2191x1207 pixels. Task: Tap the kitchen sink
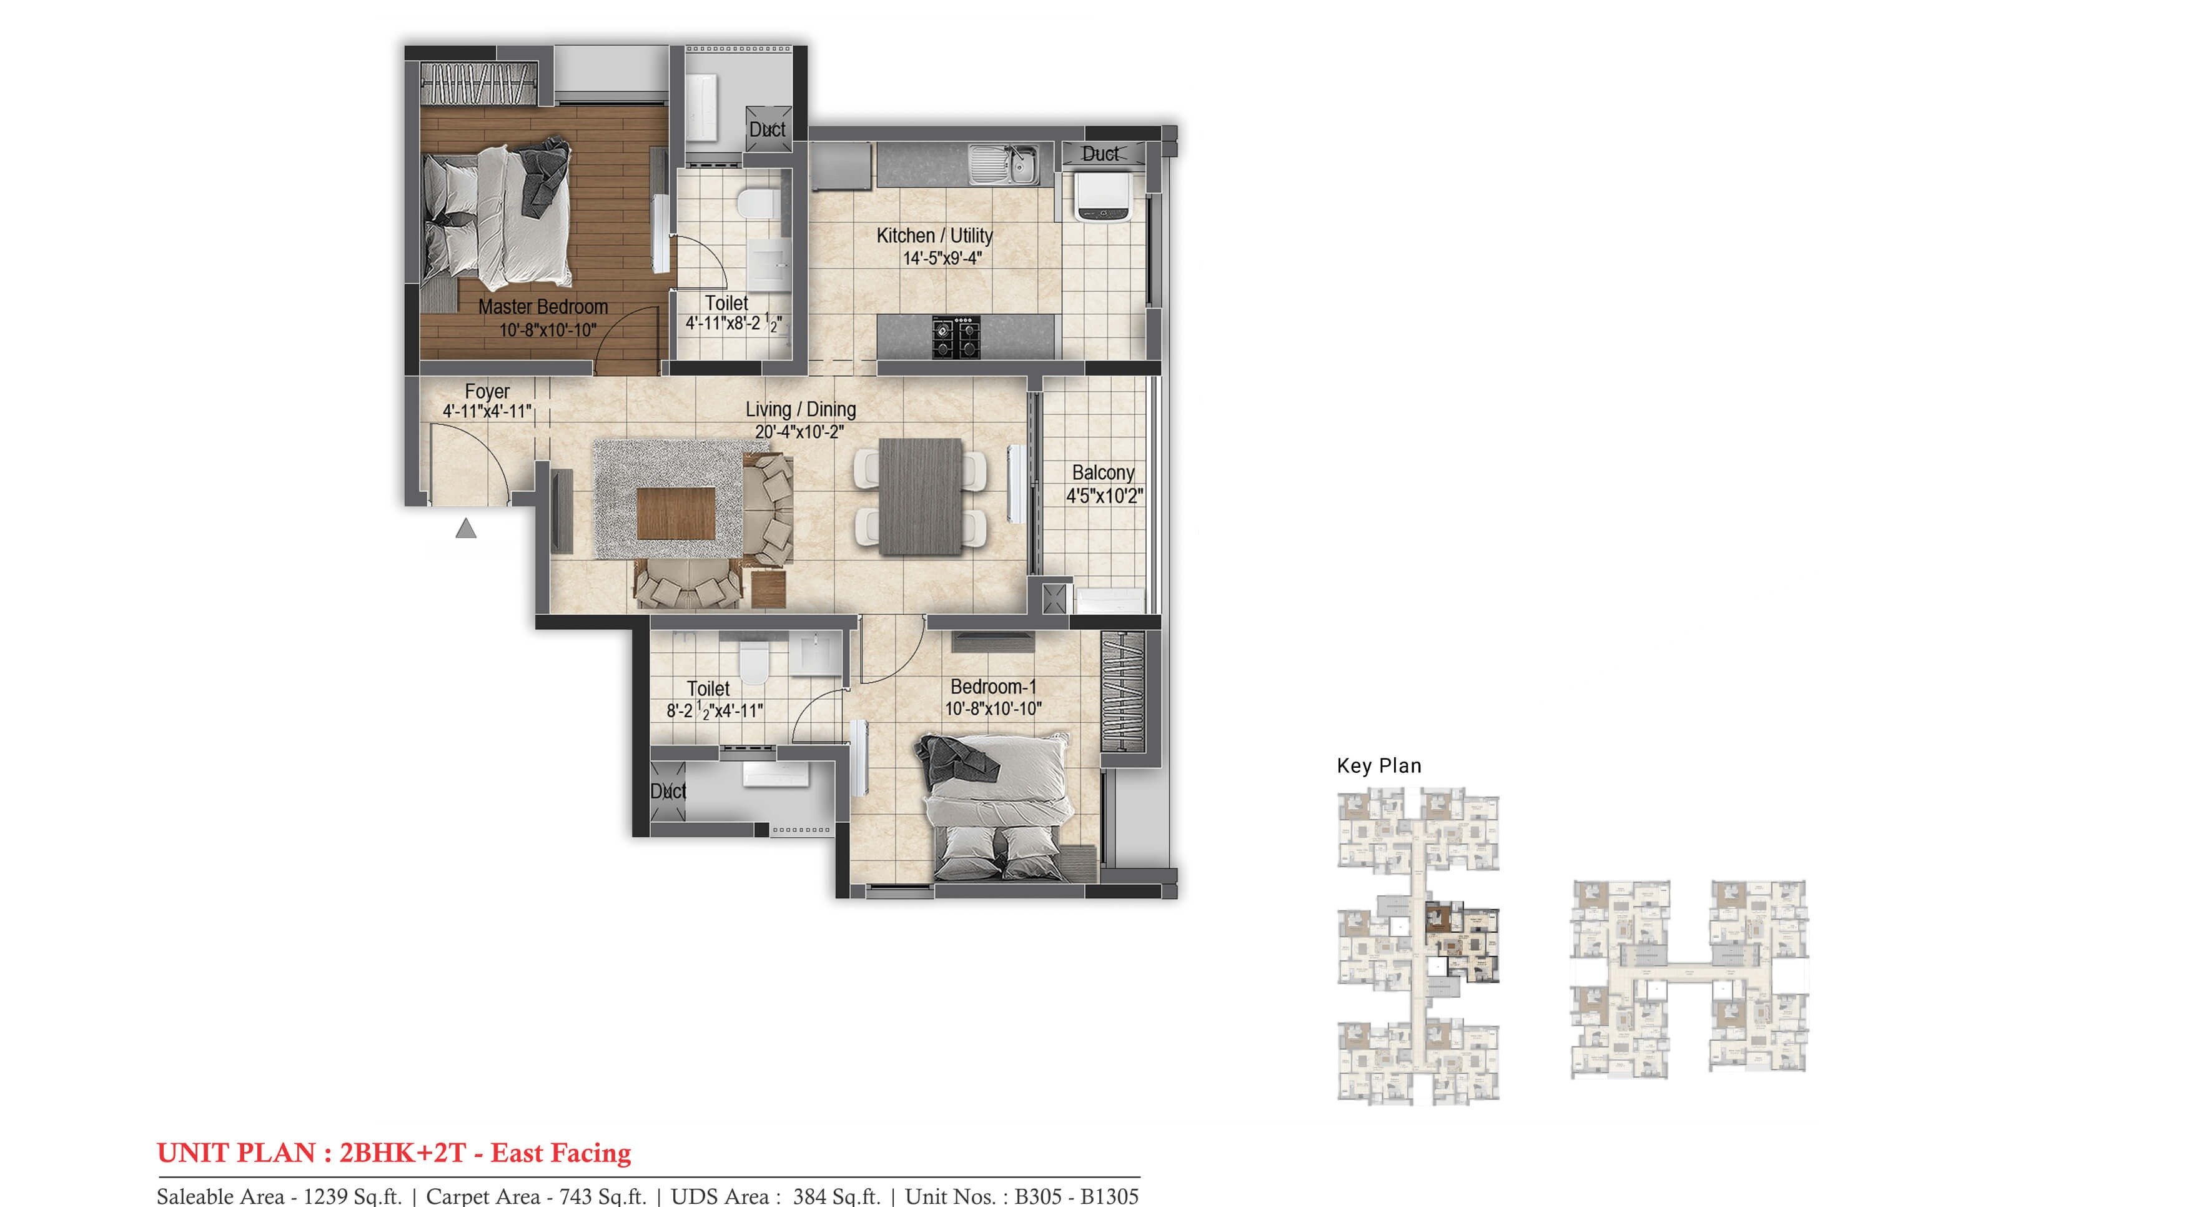(1003, 165)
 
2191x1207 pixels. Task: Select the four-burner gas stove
(956, 337)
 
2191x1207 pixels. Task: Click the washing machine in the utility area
(1103, 196)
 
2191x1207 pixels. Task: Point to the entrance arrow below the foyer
(465, 529)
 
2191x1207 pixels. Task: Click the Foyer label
(487, 391)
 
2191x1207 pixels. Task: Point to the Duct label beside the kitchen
(1100, 154)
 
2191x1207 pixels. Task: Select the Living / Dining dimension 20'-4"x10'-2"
(799, 432)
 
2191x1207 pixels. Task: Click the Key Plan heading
(1378, 765)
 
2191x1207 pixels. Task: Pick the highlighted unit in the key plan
(1460, 941)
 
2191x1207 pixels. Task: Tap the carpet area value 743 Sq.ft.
(602, 1196)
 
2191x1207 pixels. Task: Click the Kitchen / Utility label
(934, 236)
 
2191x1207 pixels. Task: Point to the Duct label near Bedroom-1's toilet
(668, 791)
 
